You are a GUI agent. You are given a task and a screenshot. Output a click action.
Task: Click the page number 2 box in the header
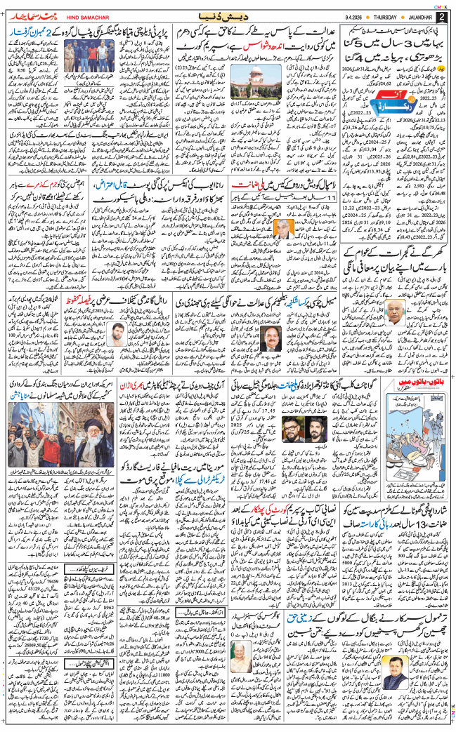coord(441,16)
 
